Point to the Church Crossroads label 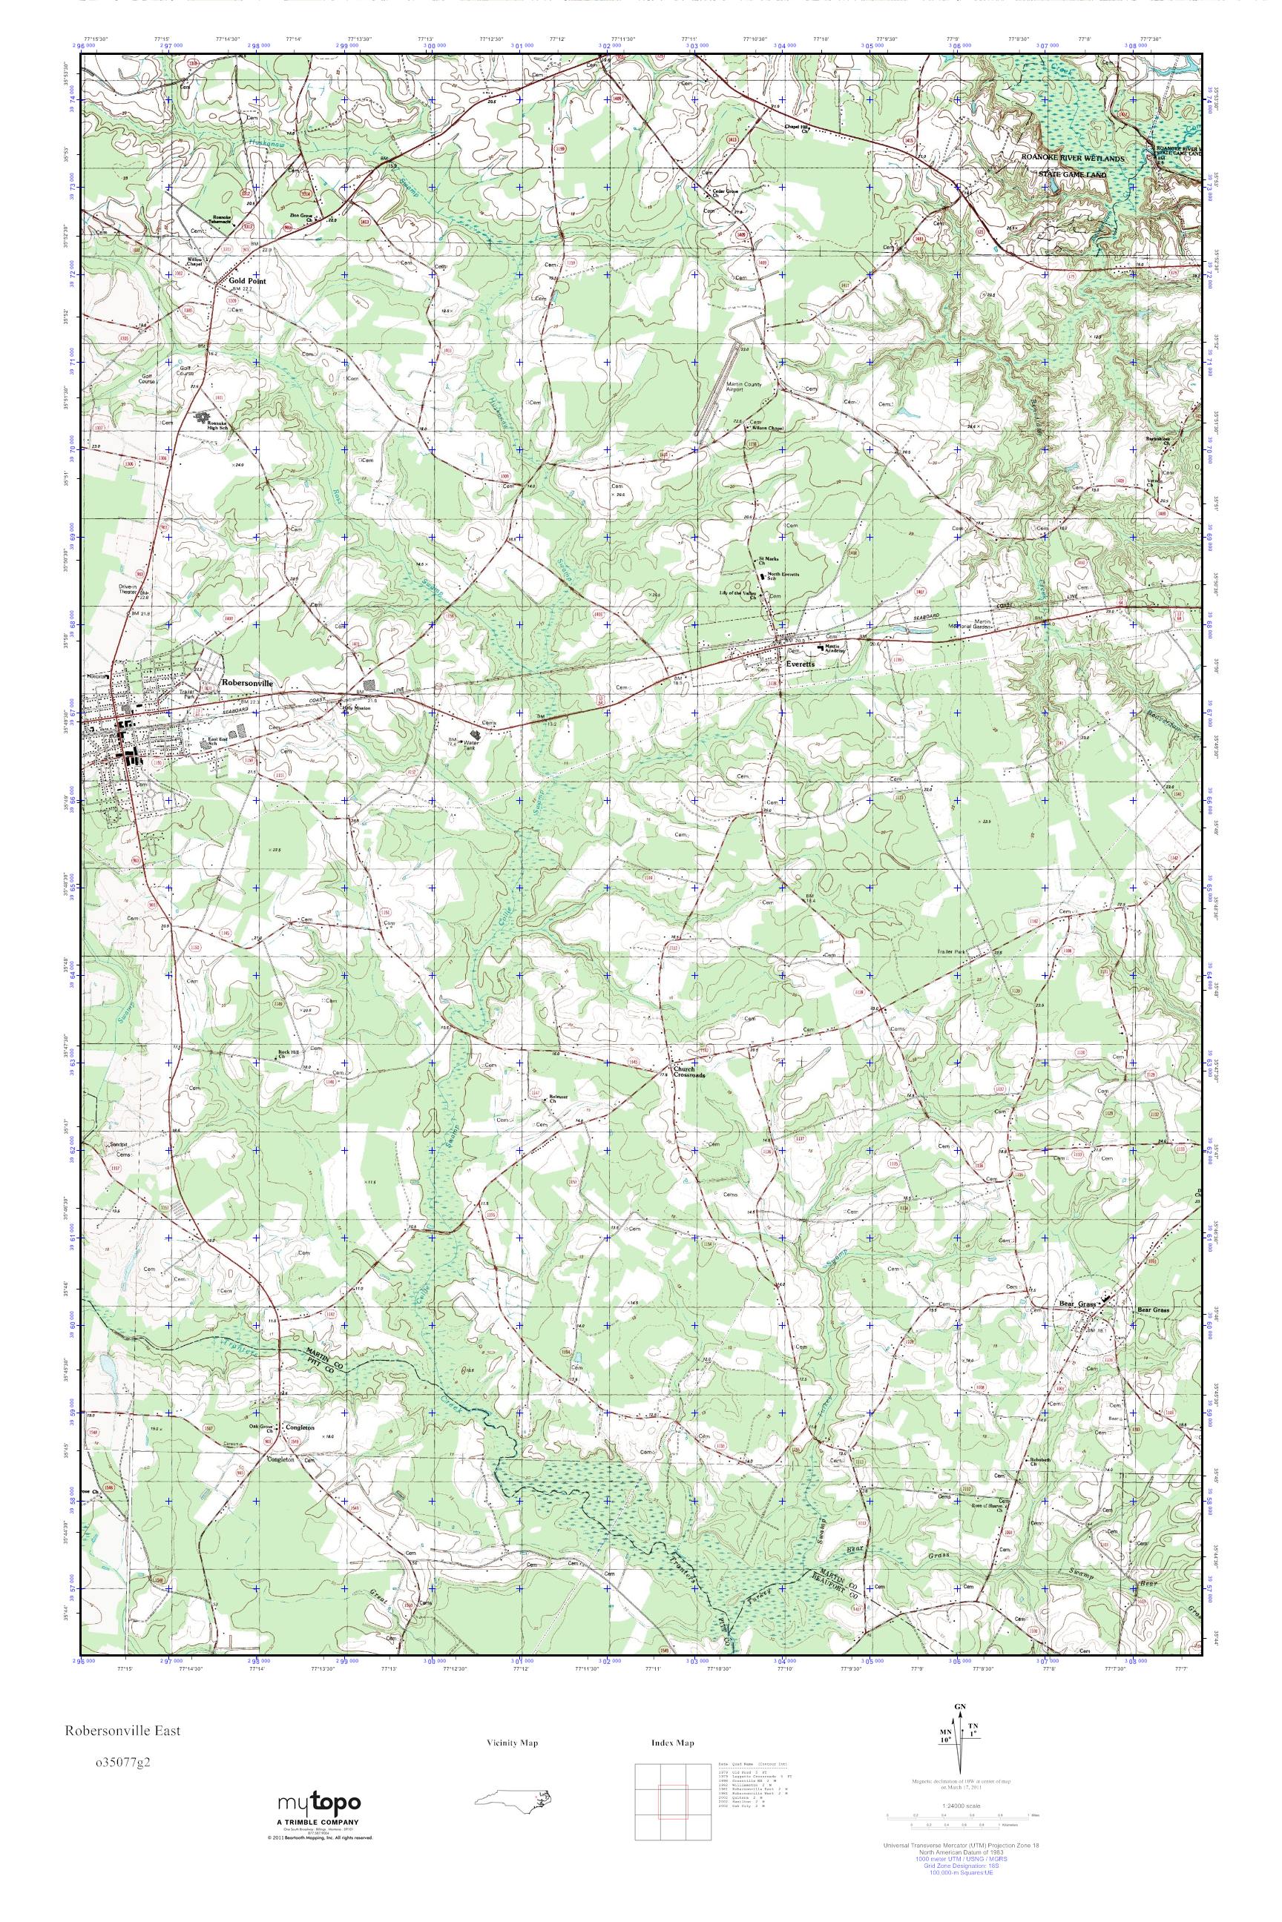[688, 1071]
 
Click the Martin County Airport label [743, 387]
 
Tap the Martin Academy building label [832, 647]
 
